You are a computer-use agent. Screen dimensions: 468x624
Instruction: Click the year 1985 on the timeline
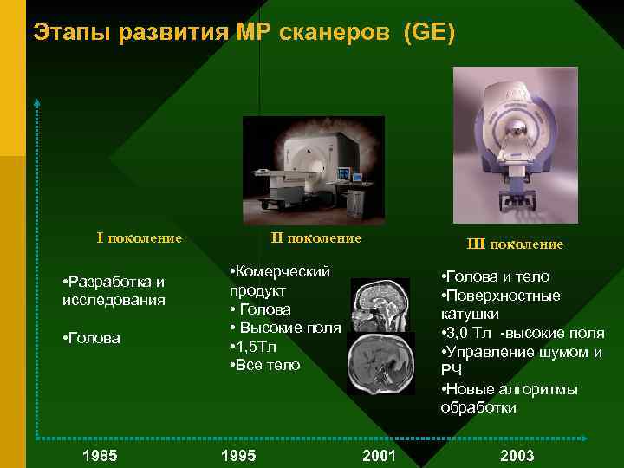point(100,456)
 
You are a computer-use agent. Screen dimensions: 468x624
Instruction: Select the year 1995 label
point(238,456)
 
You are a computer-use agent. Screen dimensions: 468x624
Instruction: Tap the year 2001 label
point(379,456)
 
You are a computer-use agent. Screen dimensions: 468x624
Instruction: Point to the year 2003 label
point(517,456)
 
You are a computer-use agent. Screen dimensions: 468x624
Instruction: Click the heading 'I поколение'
point(139,237)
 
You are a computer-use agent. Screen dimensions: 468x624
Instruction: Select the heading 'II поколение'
point(315,237)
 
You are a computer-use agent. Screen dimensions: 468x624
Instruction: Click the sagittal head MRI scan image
point(379,304)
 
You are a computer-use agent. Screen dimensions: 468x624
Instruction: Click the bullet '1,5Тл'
point(257,347)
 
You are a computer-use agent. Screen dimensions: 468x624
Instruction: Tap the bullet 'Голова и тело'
point(497,277)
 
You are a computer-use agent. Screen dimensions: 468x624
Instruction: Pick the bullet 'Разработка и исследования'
point(114,290)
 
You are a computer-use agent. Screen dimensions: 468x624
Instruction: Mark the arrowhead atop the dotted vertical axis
point(37,103)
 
